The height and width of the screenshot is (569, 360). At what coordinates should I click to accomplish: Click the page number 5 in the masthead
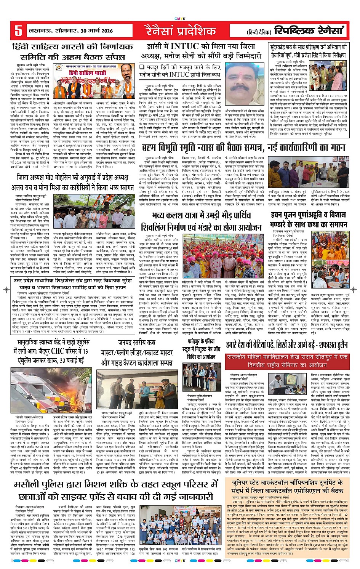click(18, 31)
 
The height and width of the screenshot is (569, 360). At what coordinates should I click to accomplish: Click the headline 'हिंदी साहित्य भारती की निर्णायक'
click(73, 47)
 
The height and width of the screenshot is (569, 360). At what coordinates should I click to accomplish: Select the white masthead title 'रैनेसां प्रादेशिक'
click(179, 30)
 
